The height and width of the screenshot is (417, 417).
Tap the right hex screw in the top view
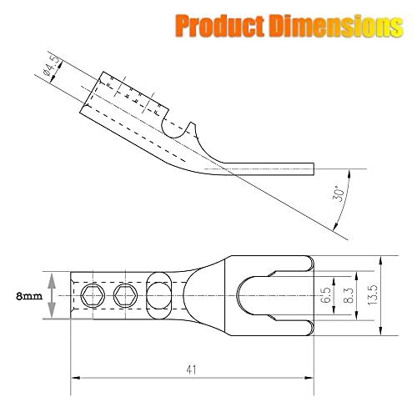click(126, 294)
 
